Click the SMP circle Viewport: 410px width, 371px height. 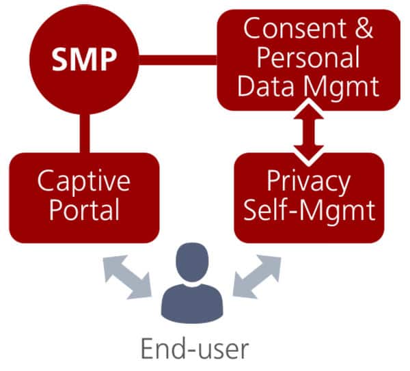[83, 60]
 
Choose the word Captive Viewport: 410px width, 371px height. [83, 180]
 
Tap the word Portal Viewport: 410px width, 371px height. [83, 210]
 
